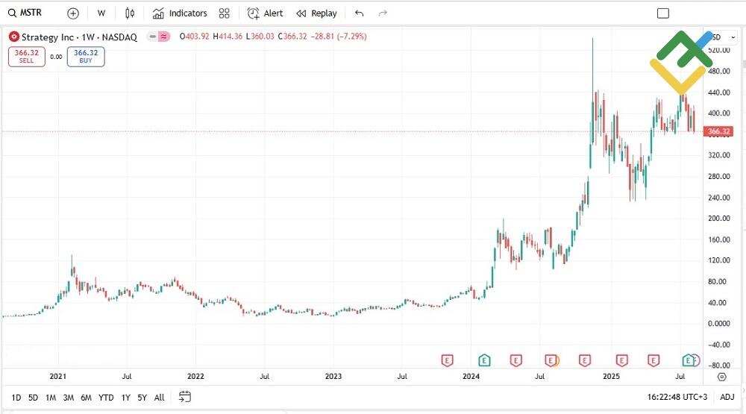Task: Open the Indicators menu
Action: click(180, 13)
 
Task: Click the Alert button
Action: click(266, 13)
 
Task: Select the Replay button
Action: click(316, 13)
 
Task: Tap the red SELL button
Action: click(27, 57)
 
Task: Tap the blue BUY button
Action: click(86, 57)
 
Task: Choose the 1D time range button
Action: click(16, 398)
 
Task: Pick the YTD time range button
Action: click(106, 398)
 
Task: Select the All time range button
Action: click(159, 398)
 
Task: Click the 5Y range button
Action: click(142, 398)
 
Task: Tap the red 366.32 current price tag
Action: click(718, 131)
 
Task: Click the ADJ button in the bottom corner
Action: click(727, 398)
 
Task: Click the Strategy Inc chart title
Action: click(79, 37)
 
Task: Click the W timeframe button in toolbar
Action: click(101, 13)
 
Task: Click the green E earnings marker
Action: click(485, 360)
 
